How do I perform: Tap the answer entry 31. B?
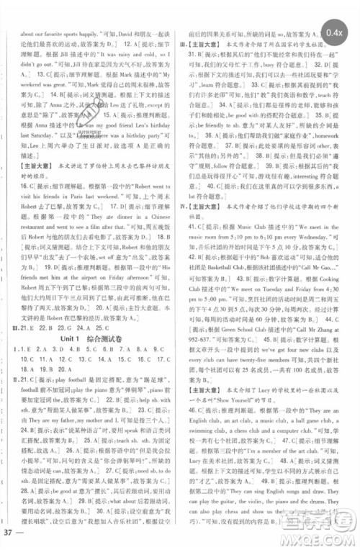click(x=199, y=55)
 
